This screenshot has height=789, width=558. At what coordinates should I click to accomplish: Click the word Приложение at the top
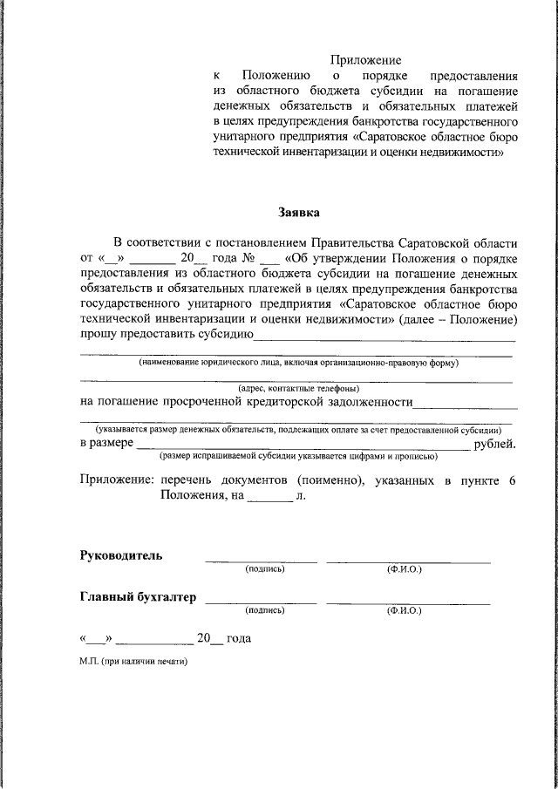point(365,60)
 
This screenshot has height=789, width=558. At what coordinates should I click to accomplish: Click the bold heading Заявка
point(299,212)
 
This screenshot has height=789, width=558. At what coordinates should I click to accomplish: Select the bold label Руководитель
point(121,555)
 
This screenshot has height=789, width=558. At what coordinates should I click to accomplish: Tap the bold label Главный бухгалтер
point(139,597)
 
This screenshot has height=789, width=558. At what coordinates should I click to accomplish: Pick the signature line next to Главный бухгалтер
point(261,602)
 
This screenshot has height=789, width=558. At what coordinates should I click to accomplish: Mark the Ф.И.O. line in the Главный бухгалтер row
point(408,602)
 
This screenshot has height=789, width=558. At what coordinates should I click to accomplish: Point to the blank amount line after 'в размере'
point(302,447)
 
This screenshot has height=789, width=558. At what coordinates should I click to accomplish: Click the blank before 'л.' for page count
point(269,500)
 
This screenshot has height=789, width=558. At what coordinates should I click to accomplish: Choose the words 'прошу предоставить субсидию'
point(167,334)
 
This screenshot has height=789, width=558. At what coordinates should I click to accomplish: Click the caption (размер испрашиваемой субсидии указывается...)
point(297,456)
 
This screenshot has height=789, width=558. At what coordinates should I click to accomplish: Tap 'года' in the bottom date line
point(238,639)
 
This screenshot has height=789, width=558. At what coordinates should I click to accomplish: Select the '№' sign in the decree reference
point(248,258)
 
